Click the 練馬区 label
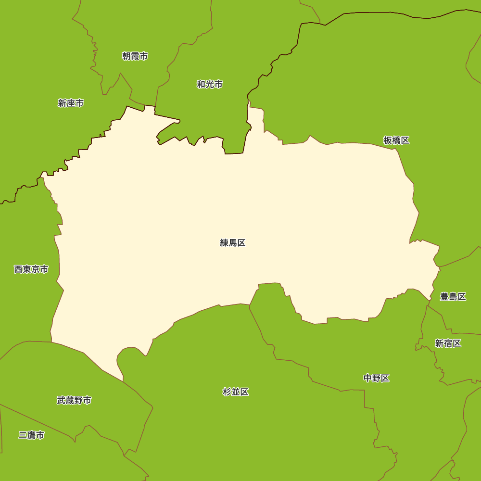[x=233, y=243]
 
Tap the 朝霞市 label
[x=135, y=56]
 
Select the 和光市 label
[x=210, y=85]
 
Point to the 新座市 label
[x=71, y=103]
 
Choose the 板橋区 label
[x=396, y=140]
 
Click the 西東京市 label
[x=31, y=269]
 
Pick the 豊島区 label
[x=453, y=297]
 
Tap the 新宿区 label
[x=448, y=343]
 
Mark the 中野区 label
[x=376, y=378]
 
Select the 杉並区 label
[x=236, y=392]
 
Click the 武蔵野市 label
[x=74, y=400]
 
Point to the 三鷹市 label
[x=32, y=435]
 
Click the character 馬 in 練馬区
[x=233, y=243]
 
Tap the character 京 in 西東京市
[x=36, y=269]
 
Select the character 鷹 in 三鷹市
[x=32, y=435]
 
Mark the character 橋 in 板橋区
[x=396, y=140]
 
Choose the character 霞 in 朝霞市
[x=135, y=56]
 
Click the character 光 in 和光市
[x=210, y=85]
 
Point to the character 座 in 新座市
[x=71, y=103]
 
